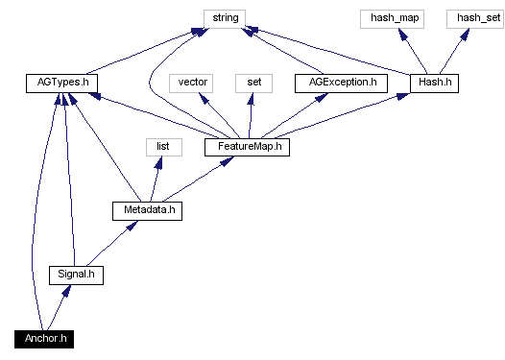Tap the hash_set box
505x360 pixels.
(470, 17)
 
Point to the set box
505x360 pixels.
(254, 83)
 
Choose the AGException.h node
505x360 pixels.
(341, 83)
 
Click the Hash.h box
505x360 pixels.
(435, 83)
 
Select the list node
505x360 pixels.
(163, 147)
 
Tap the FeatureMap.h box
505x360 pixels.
(247, 147)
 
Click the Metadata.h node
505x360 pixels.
(146, 210)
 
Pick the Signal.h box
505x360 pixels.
(76, 275)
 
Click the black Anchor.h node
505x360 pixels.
(44, 339)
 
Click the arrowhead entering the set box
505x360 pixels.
(253, 98)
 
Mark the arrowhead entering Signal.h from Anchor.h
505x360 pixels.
(66, 290)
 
